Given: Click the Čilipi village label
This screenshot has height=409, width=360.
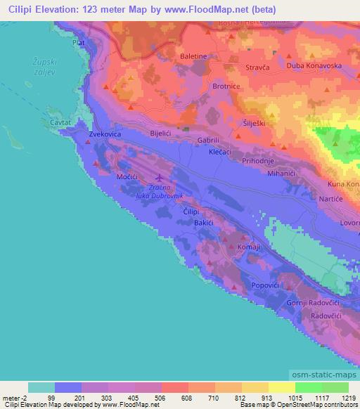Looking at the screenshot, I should pyautogui.click(x=191, y=212).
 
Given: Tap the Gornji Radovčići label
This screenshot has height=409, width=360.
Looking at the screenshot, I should pyautogui.click(x=314, y=303).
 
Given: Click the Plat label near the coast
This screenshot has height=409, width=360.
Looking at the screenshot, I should pyautogui.click(x=78, y=43).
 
